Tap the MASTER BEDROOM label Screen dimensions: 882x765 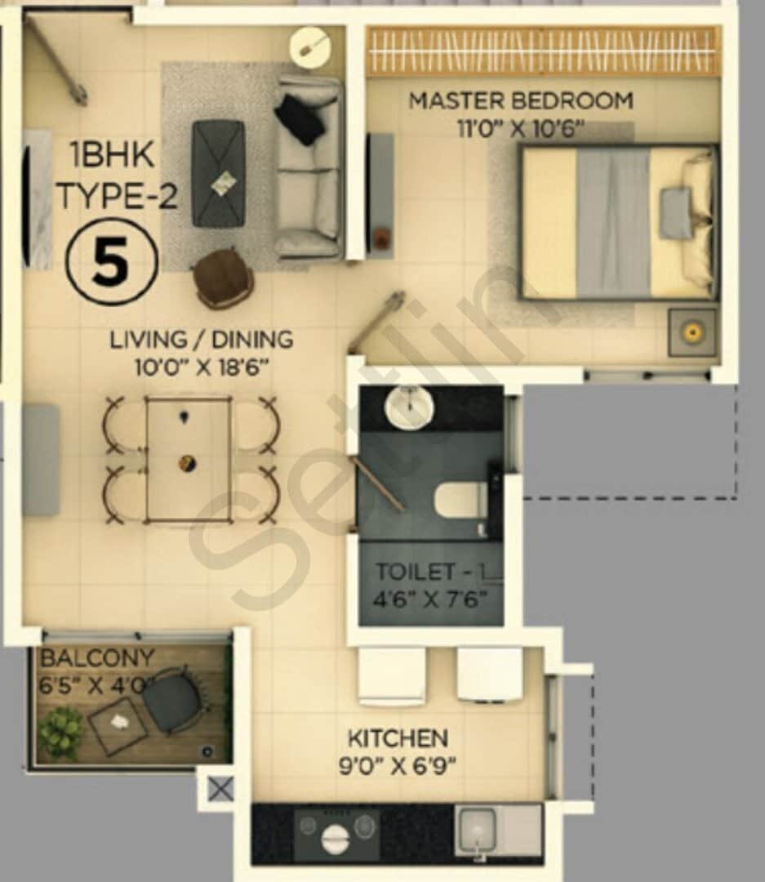520,101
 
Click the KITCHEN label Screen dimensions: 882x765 398,739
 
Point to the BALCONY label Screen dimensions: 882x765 97,658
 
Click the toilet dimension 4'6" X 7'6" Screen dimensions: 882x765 430,599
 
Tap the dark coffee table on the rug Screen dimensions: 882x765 218,173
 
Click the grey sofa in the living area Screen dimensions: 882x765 308,167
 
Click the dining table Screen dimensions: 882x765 188,459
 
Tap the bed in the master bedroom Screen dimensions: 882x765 618,222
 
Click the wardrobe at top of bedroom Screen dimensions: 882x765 542,51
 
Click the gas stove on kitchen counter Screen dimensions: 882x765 337,834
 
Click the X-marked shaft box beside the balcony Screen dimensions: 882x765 220,789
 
